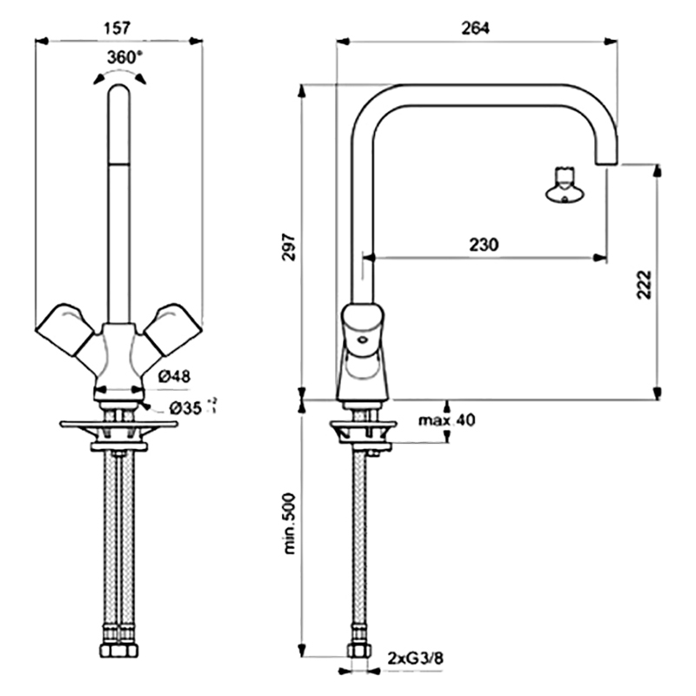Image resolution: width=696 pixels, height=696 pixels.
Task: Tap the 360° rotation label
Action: pyautogui.click(x=121, y=57)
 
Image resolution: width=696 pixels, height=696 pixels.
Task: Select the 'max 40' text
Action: pyautogui.click(x=446, y=421)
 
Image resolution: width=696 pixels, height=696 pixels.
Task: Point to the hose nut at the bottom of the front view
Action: pyautogui.click(x=117, y=651)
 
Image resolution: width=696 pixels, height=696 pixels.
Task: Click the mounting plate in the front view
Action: pyautogui.click(x=118, y=425)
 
